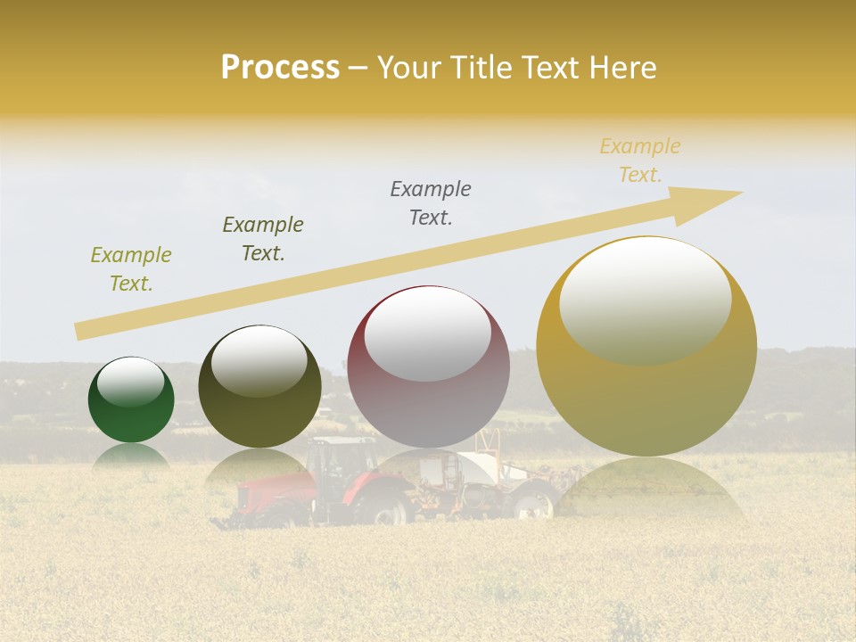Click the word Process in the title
280,68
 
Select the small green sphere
131,400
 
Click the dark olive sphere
259,387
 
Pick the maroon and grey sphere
429,367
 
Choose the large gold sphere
646,346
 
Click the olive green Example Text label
131,269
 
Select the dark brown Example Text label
262,239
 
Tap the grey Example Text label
431,203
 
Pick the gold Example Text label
640,160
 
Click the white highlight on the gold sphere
645,300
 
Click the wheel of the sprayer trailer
533,505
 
